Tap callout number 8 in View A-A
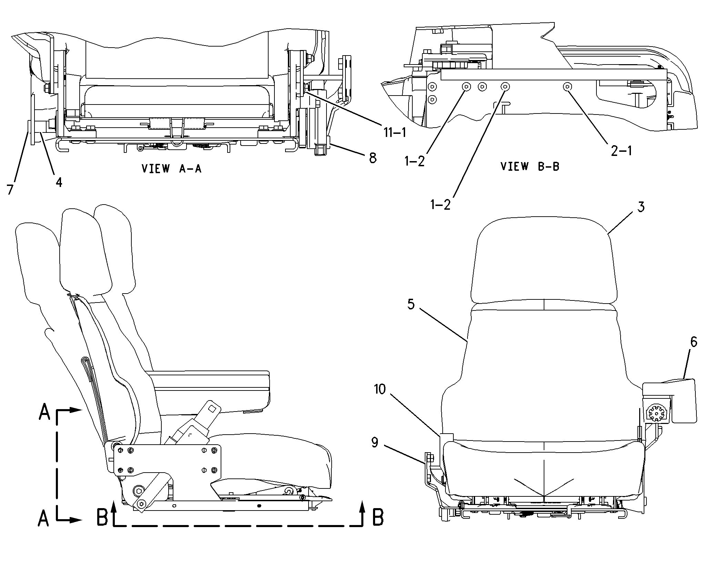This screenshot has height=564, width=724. click(373, 158)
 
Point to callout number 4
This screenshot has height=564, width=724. click(59, 182)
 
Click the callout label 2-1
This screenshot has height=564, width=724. click(621, 151)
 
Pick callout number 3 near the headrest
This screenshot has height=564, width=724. click(641, 207)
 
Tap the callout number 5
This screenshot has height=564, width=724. click(411, 304)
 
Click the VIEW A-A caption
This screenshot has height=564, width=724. click(171, 168)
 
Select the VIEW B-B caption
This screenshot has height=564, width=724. click(530, 166)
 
